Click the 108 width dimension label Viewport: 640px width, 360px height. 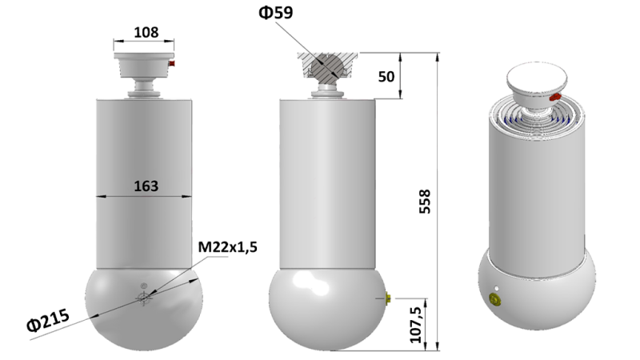tap(144, 33)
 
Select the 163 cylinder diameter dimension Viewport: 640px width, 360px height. tap(144, 186)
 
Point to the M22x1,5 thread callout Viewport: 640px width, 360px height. tap(227, 247)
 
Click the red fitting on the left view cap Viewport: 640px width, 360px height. tap(172, 62)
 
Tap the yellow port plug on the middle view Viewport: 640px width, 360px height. tap(386, 298)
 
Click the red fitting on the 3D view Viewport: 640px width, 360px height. tap(554, 97)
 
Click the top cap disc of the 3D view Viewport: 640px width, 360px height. tap(538, 78)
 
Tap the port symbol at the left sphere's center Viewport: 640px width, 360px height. tap(143, 298)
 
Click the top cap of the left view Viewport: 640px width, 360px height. tap(144, 60)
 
